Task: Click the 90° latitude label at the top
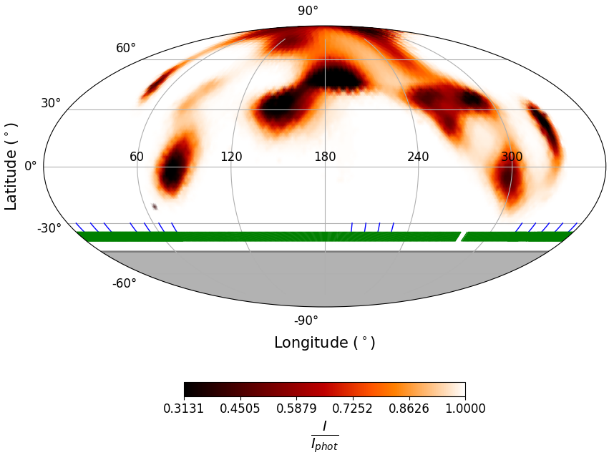pyautogui.click(x=308, y=11)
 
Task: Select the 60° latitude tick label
pyautogui.click(x=126, y=48)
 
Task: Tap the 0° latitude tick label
pyautogui.click(x=31, y=166)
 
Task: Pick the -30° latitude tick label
pyautogui.click(x=49, y=228)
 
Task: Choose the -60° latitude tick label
pyautogui.click(x=124, y=283)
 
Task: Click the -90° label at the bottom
pyautogui.click(x=306, y=321)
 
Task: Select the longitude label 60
pyautogui.click(x=137, y=157)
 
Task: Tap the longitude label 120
pyautogui.click(x=231, y=157)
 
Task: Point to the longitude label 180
pyautogui.click(x=325, y=157)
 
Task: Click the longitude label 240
pyautogui.click(x=418, y=157)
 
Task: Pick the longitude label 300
pyautogui.click(x=512, y=157)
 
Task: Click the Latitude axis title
pyautogui.click(x=11, y=166)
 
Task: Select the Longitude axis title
pyautogui.click(x=324, y=343)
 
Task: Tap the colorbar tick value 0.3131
pyautogui.click(x=184, y=408)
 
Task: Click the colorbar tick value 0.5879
pyautogui.click(x=296, y=408)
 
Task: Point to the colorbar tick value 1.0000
pyautogui.click(x=465, y=408)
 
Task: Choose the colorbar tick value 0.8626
pyautogui.click(x=409, y=408)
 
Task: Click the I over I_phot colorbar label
pyautogui.click(x=324, y=435)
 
